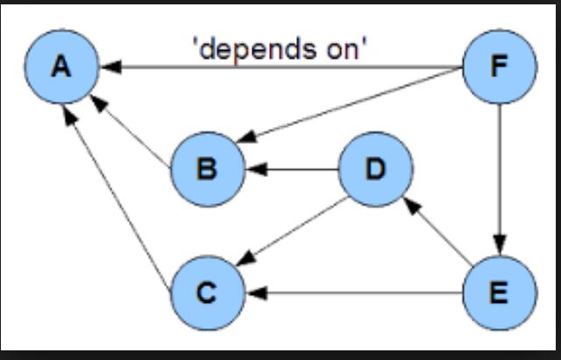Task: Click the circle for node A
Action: point(60,67)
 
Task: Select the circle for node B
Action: point(206,168)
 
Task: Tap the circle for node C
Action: point(206,293)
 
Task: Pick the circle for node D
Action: point(375,168)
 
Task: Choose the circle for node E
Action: point(499,293)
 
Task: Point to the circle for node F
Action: point(499,67)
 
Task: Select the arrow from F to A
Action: point(280,67)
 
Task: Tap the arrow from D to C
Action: point(294,229)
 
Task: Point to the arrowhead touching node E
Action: point(499,247)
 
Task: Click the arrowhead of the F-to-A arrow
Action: point(107,67)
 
